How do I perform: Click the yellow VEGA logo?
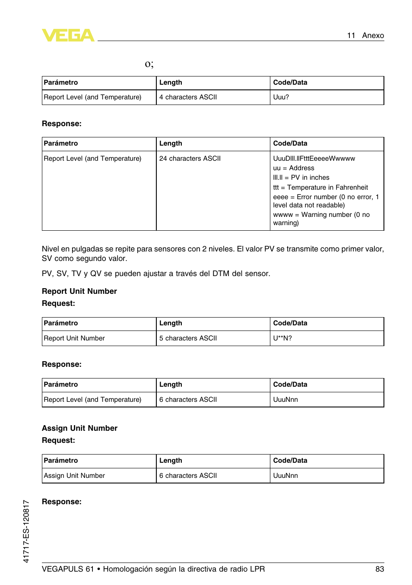pos(68,35)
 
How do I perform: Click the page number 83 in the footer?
pos(379,569)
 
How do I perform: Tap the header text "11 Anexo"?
pos(365,35)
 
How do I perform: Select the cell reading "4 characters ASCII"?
pos(188,97)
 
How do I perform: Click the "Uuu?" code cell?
pos(281,97)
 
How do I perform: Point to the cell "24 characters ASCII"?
pos(190,159)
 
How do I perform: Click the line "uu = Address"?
pos(293,168)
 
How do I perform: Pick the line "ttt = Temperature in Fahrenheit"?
pos(320,188)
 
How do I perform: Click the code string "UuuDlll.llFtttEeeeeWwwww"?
pos(314,159)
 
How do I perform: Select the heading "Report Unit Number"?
pos(79,291)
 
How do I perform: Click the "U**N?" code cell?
pos(282,338)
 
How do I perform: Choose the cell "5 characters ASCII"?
pos(188,338)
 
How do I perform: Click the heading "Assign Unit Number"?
pos(79,428)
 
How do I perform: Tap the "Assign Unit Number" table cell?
pos(74,476)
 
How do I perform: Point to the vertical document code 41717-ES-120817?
pos(26,531)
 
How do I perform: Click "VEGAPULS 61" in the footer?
pos(68,569)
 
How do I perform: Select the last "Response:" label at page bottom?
pos(61,502)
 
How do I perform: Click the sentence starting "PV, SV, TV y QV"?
pos(155,273)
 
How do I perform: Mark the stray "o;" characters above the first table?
pos(149,64)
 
